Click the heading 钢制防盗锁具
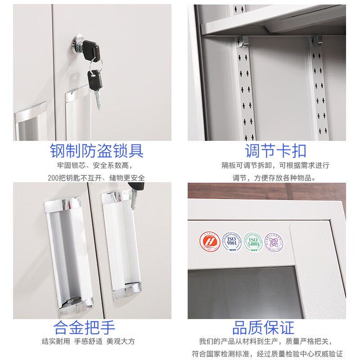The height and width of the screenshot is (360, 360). pos(96,151)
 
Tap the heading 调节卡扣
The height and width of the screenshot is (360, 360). pos(275,151)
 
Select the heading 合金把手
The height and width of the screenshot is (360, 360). pos(84,327)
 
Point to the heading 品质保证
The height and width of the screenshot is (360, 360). pos(263,327)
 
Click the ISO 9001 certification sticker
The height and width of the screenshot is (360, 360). pos(231,242)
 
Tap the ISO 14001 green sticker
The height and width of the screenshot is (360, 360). pos(252,242)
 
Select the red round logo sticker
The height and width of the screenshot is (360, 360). pos(210,242)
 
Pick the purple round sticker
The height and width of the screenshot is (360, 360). pos(274,242)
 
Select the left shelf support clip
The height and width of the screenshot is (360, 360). pos(243,41)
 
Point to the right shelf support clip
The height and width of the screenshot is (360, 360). pos(317,40)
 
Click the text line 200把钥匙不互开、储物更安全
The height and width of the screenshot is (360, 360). pos(96,178)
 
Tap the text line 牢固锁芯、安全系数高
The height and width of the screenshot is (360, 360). pos(96,165)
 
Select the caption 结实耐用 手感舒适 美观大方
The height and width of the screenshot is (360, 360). pos(88,341)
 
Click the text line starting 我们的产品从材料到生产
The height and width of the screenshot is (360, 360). pos(270,341)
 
